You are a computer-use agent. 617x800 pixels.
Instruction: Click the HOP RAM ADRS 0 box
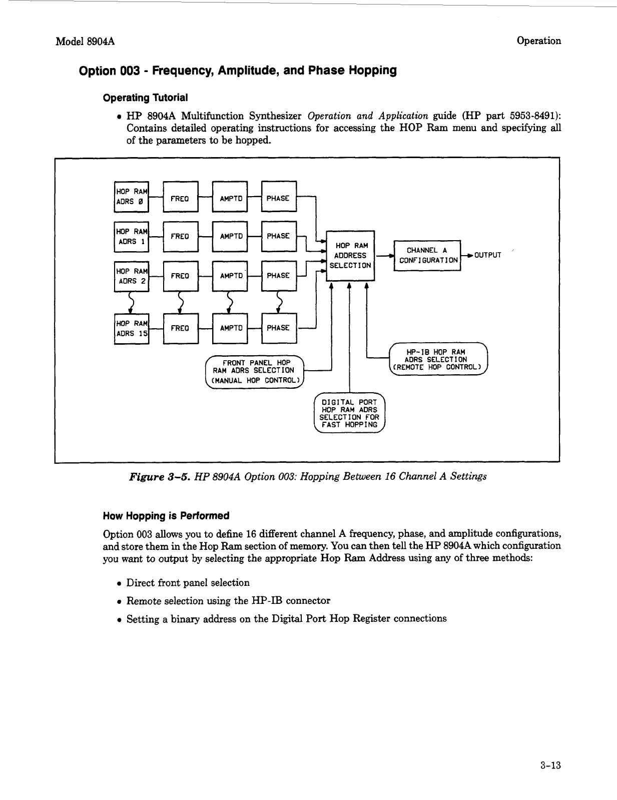[132, 197]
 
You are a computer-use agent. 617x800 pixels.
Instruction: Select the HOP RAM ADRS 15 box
[132, 328]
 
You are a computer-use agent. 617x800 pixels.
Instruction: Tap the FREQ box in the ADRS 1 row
[181, 236]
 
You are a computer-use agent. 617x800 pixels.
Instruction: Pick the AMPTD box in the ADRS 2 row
[230, 276]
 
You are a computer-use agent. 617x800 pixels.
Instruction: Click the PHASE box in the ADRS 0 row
[279, 198]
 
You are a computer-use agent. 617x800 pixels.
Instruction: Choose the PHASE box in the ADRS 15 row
[279, 328]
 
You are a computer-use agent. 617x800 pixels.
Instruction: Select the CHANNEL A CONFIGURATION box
[427, 255]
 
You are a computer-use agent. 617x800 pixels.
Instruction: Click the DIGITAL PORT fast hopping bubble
[349, 413]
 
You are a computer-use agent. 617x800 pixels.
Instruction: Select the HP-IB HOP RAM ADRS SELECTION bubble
[438, 359]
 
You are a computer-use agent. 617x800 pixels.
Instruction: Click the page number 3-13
[550, 765]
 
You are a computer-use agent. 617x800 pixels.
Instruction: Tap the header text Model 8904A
[85, 42]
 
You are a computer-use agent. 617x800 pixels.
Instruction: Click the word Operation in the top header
[538, 41]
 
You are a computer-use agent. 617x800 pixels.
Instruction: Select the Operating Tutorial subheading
[145, 98]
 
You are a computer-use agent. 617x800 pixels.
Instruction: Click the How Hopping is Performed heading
[166, 516]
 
